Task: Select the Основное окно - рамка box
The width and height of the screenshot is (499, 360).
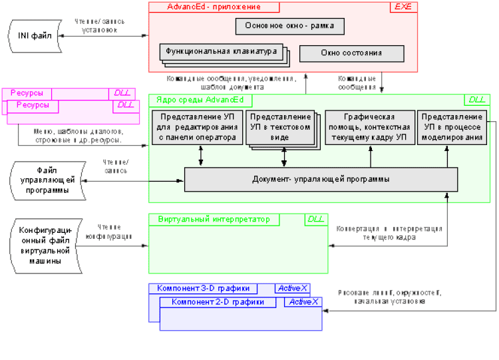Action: [x=289, y=27]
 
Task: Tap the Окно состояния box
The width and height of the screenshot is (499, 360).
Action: [x=351, y=53]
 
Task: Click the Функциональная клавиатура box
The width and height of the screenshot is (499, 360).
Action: [x=220, y=51]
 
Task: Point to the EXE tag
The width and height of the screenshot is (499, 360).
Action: [x=402, y=7]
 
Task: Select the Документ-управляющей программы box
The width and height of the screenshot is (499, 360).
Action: [x=321, y=180]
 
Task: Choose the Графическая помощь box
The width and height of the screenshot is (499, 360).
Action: [x=370, y=127]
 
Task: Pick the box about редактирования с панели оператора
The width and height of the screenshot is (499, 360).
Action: [x=196, y=127]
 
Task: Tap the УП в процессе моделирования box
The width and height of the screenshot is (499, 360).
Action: [x=452, y=127]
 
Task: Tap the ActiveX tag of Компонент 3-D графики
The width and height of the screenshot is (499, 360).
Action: [x=293, y=289]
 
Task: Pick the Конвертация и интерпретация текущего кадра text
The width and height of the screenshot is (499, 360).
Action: [x=389, y=232]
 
